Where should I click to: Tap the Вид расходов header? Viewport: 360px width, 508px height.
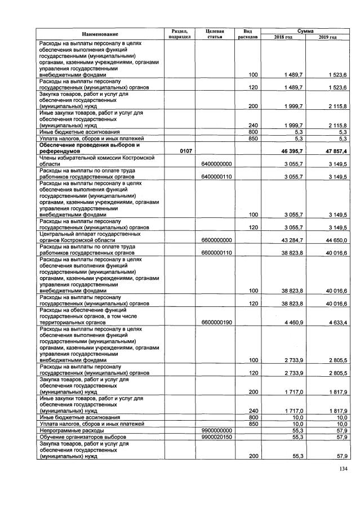(247, 34)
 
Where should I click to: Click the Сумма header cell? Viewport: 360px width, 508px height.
(305, 30)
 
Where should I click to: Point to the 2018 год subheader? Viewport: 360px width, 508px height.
(283, 37)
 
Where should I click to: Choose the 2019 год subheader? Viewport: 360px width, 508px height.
(327, 37)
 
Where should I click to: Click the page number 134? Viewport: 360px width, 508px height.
(343, 469)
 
